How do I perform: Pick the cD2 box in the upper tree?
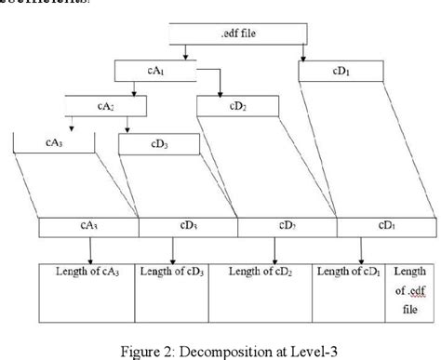coord(237,105)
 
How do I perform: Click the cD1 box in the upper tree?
coord(341,71)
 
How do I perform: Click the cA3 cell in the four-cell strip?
coord(88,226)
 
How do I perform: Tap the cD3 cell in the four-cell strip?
coord(188,226)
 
